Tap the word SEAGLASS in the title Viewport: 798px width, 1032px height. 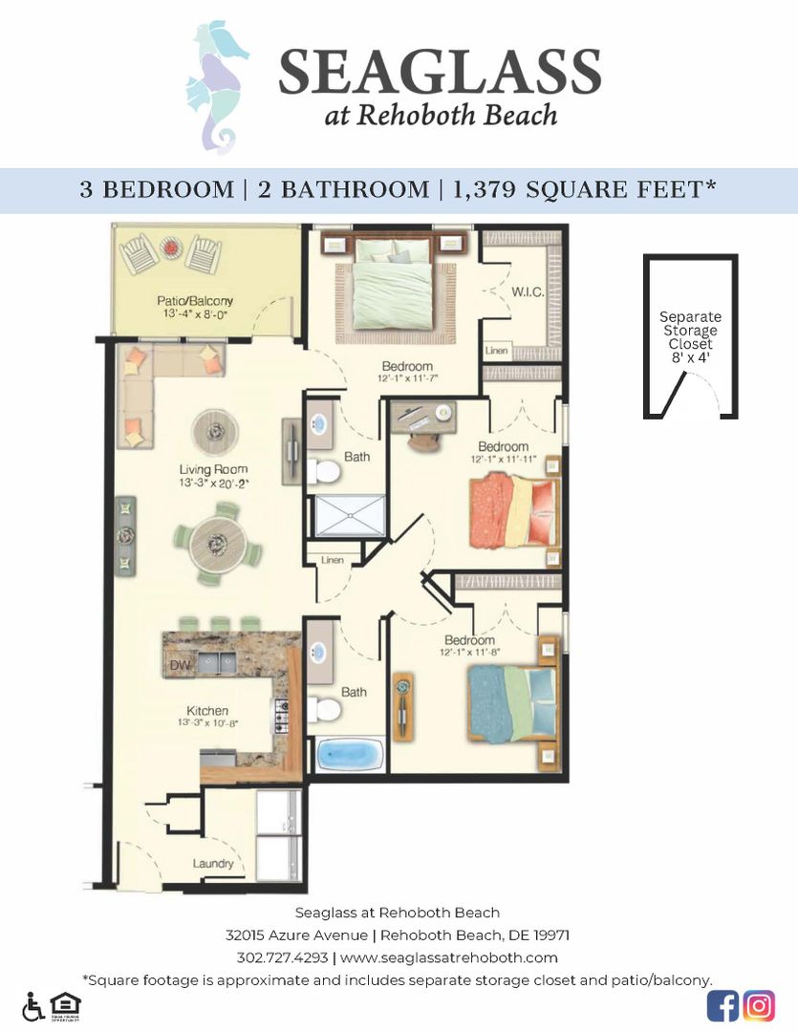pos(440,73)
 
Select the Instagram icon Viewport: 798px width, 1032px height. pos(759,1005)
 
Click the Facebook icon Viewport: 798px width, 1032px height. pos(723,1005)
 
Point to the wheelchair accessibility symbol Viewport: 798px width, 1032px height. pos(33,1006)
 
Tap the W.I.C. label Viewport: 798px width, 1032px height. pos(528,291)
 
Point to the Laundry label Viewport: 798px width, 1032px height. pos(213,864)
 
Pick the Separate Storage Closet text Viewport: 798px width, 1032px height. pos(690,331)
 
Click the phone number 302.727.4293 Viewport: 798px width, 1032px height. pos(282,957)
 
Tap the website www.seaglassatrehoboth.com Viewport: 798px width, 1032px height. pos(448,957)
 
